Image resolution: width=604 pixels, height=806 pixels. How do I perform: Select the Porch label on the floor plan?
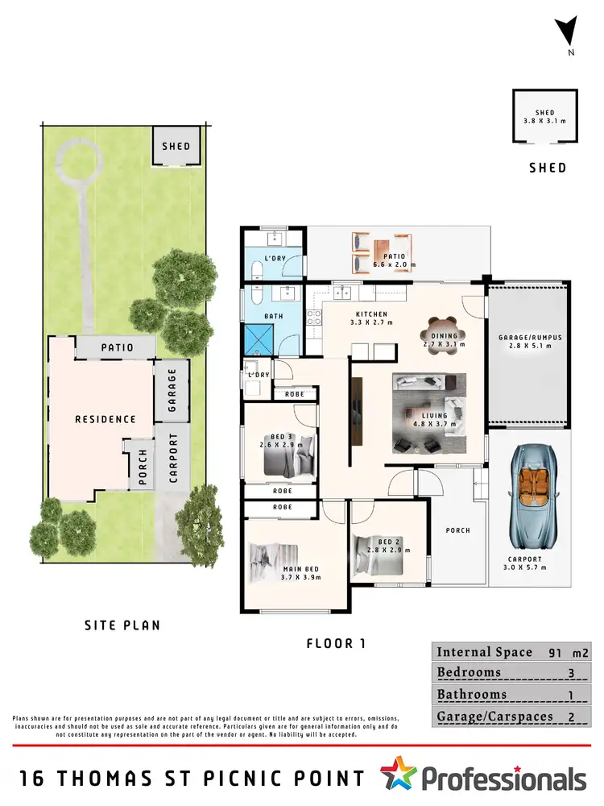457,530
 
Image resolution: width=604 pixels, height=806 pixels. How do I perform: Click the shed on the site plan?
176,146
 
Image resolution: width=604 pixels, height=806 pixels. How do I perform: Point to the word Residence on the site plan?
105,419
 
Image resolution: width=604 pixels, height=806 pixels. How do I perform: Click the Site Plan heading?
122,625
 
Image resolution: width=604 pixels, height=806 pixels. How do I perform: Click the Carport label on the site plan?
172,458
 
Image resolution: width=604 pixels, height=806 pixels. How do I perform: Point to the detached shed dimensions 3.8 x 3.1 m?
545,118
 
